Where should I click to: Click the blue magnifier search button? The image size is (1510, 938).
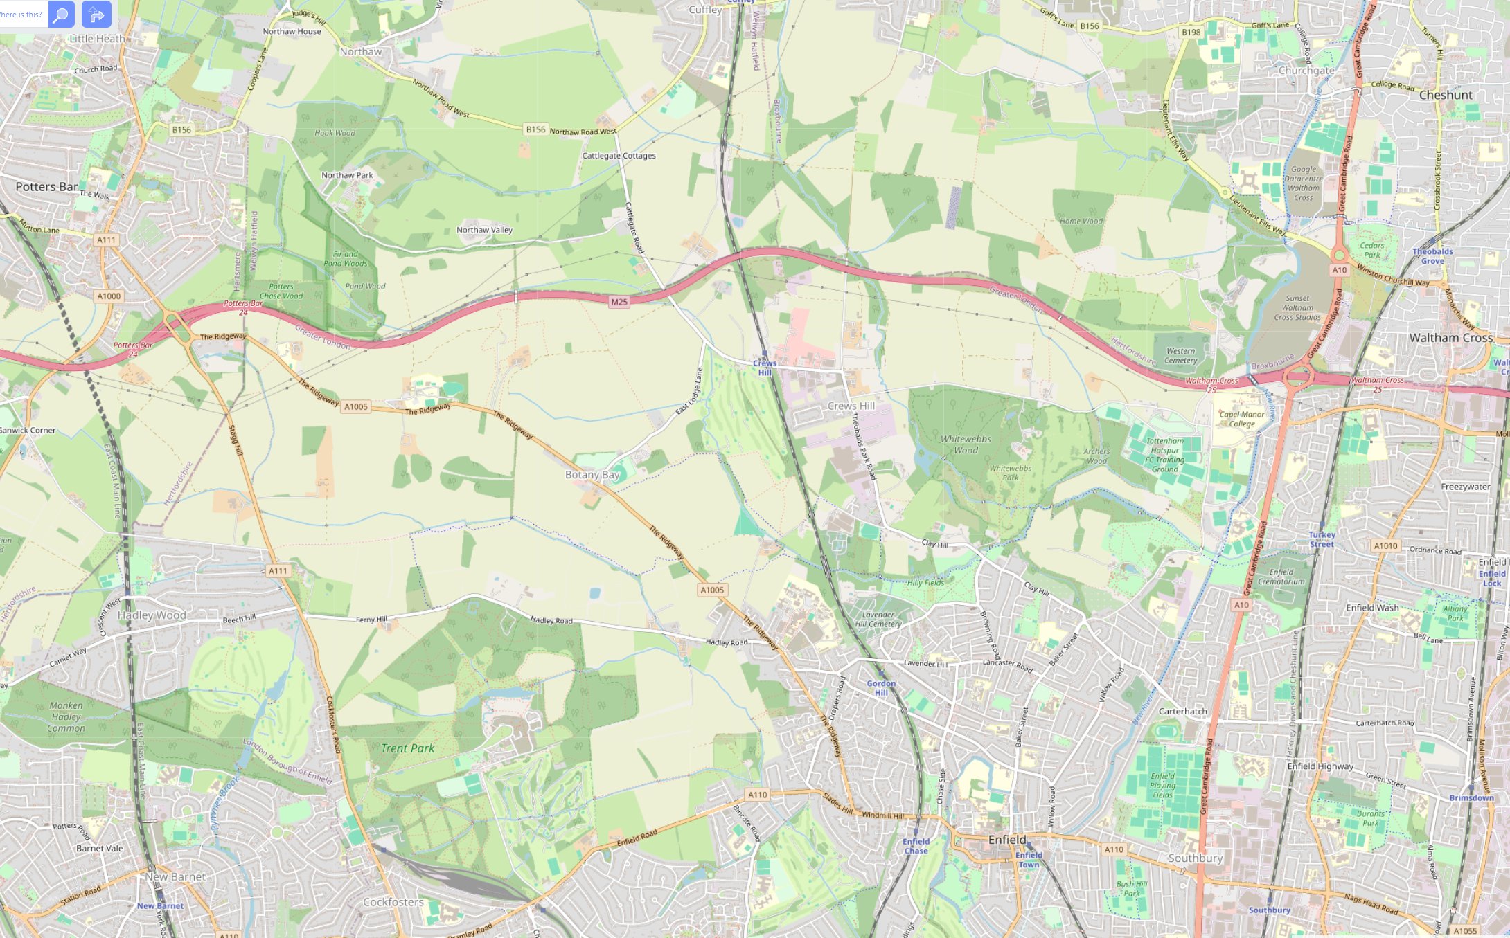pos(61,14)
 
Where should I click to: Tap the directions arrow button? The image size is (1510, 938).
pos(96,14)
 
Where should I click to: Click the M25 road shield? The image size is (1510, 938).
pos(619,302)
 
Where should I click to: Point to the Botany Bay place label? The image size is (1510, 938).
pos(592,475)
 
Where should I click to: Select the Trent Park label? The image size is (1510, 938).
pos(407,748)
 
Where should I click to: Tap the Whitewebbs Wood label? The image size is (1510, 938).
pos(966,444)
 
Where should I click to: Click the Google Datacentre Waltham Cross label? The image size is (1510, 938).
pos(1303,183)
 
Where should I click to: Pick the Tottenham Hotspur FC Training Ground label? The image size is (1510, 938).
pos(1165,455)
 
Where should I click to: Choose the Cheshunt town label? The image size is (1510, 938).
pos(1446,95)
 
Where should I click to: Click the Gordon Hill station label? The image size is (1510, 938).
pos(881,687)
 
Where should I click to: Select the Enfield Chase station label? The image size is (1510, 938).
pos(916,846)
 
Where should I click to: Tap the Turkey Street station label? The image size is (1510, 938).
pos(1322,539)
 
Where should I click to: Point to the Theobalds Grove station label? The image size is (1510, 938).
pos(1432,256)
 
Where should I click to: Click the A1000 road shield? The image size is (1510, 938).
pos(109,296)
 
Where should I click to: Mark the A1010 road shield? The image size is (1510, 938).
pos(1385,545)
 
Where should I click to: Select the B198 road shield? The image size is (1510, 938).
pos(1191,33)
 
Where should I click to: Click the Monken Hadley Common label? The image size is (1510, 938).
pos(66,716)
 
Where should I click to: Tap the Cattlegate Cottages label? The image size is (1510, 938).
pos(619,156)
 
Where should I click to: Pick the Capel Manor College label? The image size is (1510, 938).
pos(1242,419)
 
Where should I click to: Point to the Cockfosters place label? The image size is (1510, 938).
pos(393,902)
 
